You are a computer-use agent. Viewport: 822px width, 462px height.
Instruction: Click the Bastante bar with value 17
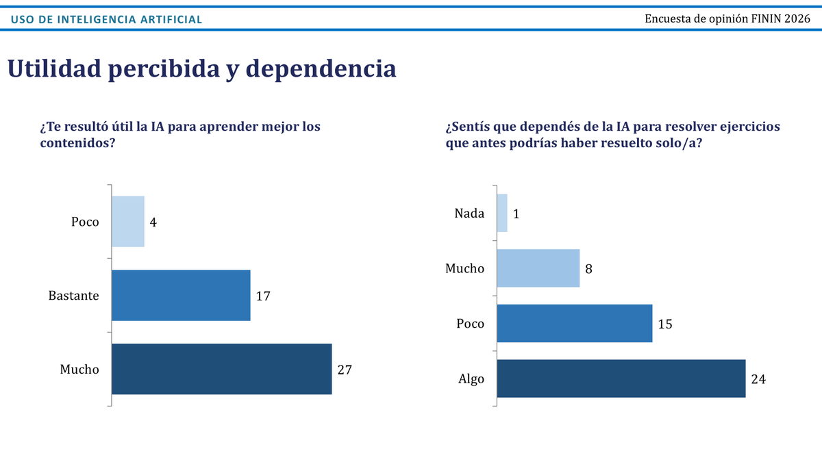coord(181,296)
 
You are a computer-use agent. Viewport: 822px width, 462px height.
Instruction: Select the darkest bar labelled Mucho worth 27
coord(222,369)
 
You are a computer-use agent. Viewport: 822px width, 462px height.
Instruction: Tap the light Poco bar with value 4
coord(128,222)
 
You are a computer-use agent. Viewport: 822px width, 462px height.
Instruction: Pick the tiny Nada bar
coord(502,213)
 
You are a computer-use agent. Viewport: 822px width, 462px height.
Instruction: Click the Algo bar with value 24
coord(621,378)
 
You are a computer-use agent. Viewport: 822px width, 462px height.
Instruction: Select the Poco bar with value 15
coord(575,323)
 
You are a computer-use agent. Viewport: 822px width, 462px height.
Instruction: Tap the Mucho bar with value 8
coord(538,268)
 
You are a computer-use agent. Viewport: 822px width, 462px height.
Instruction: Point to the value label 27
coord(345,370)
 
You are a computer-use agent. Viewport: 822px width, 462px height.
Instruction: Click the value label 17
coord(263,296)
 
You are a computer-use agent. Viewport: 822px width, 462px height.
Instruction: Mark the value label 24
coord(758,379)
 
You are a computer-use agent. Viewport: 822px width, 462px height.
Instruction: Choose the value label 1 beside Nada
coord(516,214)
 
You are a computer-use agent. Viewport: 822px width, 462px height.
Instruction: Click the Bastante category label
coord(74,296)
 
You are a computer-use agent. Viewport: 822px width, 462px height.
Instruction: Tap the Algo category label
coord(471,379)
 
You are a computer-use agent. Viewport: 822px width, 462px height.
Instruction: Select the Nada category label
coord(469,213)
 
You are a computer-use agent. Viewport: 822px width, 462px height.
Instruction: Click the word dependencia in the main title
coord(321,69)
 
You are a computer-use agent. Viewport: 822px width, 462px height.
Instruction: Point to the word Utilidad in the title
coord(54,68)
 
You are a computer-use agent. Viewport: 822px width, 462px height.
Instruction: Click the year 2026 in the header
coord(797,18)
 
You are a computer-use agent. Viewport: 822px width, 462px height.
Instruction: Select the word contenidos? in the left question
coord(78,142)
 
